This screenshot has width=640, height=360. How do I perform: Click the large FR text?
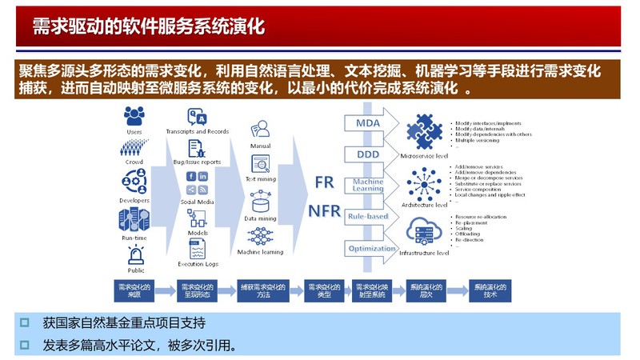pos(324,182)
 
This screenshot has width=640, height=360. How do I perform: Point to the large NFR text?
pos(325,210)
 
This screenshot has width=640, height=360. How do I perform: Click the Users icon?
pos(134,116)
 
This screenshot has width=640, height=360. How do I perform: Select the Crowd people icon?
pos(134,149)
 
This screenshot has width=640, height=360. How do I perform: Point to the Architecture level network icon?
pos(423,183)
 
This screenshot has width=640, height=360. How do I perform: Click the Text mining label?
pos(260,179)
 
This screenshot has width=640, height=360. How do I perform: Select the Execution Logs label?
pos(198,264)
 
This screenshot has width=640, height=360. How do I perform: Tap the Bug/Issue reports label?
pos(198,162)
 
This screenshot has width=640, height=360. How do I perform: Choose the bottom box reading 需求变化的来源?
pos(134,290)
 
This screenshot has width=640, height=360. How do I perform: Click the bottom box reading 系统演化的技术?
pos(490,290)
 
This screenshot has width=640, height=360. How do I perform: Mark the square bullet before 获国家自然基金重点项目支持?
pos(25,322)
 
